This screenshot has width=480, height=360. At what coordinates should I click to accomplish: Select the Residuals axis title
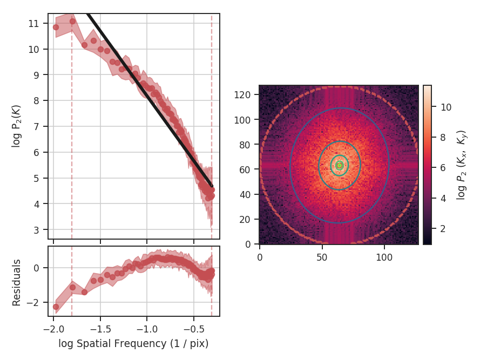[17, 282]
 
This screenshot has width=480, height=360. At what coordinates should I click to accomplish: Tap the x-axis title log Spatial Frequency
[133, 343]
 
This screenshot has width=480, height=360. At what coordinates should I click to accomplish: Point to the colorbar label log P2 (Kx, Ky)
[461, 165]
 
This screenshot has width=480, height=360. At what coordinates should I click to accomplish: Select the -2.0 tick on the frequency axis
[53, 328]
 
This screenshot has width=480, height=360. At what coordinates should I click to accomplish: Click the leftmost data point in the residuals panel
[56, 307]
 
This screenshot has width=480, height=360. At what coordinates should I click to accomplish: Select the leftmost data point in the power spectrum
[56, 27]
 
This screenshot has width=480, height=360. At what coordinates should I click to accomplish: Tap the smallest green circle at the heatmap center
[339, 165]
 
